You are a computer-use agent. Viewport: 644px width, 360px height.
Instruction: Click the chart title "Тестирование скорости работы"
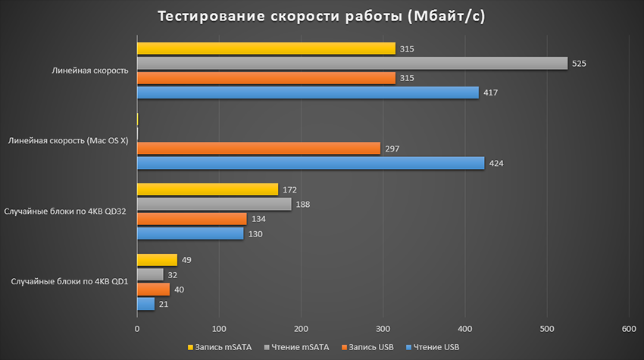click(x=321, y=17)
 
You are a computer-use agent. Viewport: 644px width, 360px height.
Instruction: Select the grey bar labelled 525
click(x=352, y=63)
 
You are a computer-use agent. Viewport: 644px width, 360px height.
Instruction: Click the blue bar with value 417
click(x=308, y=92)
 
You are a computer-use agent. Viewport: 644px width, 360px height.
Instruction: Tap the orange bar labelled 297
click(x=258, y=149)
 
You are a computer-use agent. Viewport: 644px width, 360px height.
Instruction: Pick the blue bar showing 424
click(x=311, y=163)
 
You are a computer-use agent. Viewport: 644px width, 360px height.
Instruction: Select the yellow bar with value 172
click(x=208, y=189)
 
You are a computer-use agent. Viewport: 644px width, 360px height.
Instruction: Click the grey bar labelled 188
click(x=214, y=204)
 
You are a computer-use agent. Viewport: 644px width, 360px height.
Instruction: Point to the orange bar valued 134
click(x=192, y=219)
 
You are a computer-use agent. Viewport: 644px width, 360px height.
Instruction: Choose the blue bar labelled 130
click(x=190, y=233)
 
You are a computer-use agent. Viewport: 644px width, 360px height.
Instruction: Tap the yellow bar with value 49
click(x=157, y=260)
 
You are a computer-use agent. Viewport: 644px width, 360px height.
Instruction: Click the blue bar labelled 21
click(x=145, y=304)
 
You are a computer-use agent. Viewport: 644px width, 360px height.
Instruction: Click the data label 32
click(x=173, y=275)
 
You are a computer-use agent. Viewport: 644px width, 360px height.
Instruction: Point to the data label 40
click(x=180, y=290)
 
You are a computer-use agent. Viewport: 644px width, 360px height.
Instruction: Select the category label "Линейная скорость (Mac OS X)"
click(x=67, y=141)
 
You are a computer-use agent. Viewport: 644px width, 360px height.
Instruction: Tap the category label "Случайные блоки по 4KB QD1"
click(x=69, y=282)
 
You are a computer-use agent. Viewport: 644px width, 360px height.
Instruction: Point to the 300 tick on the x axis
click(x=383, y=329)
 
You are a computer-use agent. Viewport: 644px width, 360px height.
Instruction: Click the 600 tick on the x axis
click(x=628, y=329)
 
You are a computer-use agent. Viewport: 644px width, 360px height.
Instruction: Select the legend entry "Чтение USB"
click(x=433, y=347)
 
